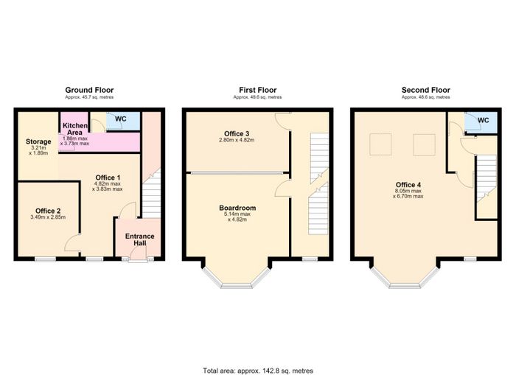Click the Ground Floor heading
click(x=89, y=90)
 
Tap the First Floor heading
click(x=258, y=90)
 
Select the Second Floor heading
click(x=426, y=90)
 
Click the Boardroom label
click(x=237, y=208)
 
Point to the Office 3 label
click(x=237, y=133)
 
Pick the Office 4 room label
click(x=408, y=184)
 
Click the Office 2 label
click(x=48, y=211)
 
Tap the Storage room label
click(x=38, y=141)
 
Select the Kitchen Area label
click(x=75, y=129)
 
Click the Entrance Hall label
click(x=140, y=239)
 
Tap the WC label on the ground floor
click(x=121, y=119)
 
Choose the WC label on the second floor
click(x=483, y=120)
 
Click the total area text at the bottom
click(x=258, y=371)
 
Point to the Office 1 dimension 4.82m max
click(x=108, y=184)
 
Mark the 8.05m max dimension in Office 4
click(x=408, y=191)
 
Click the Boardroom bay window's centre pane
click(x=237, y=286)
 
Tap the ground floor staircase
click(x=151, y=193)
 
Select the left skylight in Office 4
click(x=380, y=144)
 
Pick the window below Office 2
click(x=46, y=259)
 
